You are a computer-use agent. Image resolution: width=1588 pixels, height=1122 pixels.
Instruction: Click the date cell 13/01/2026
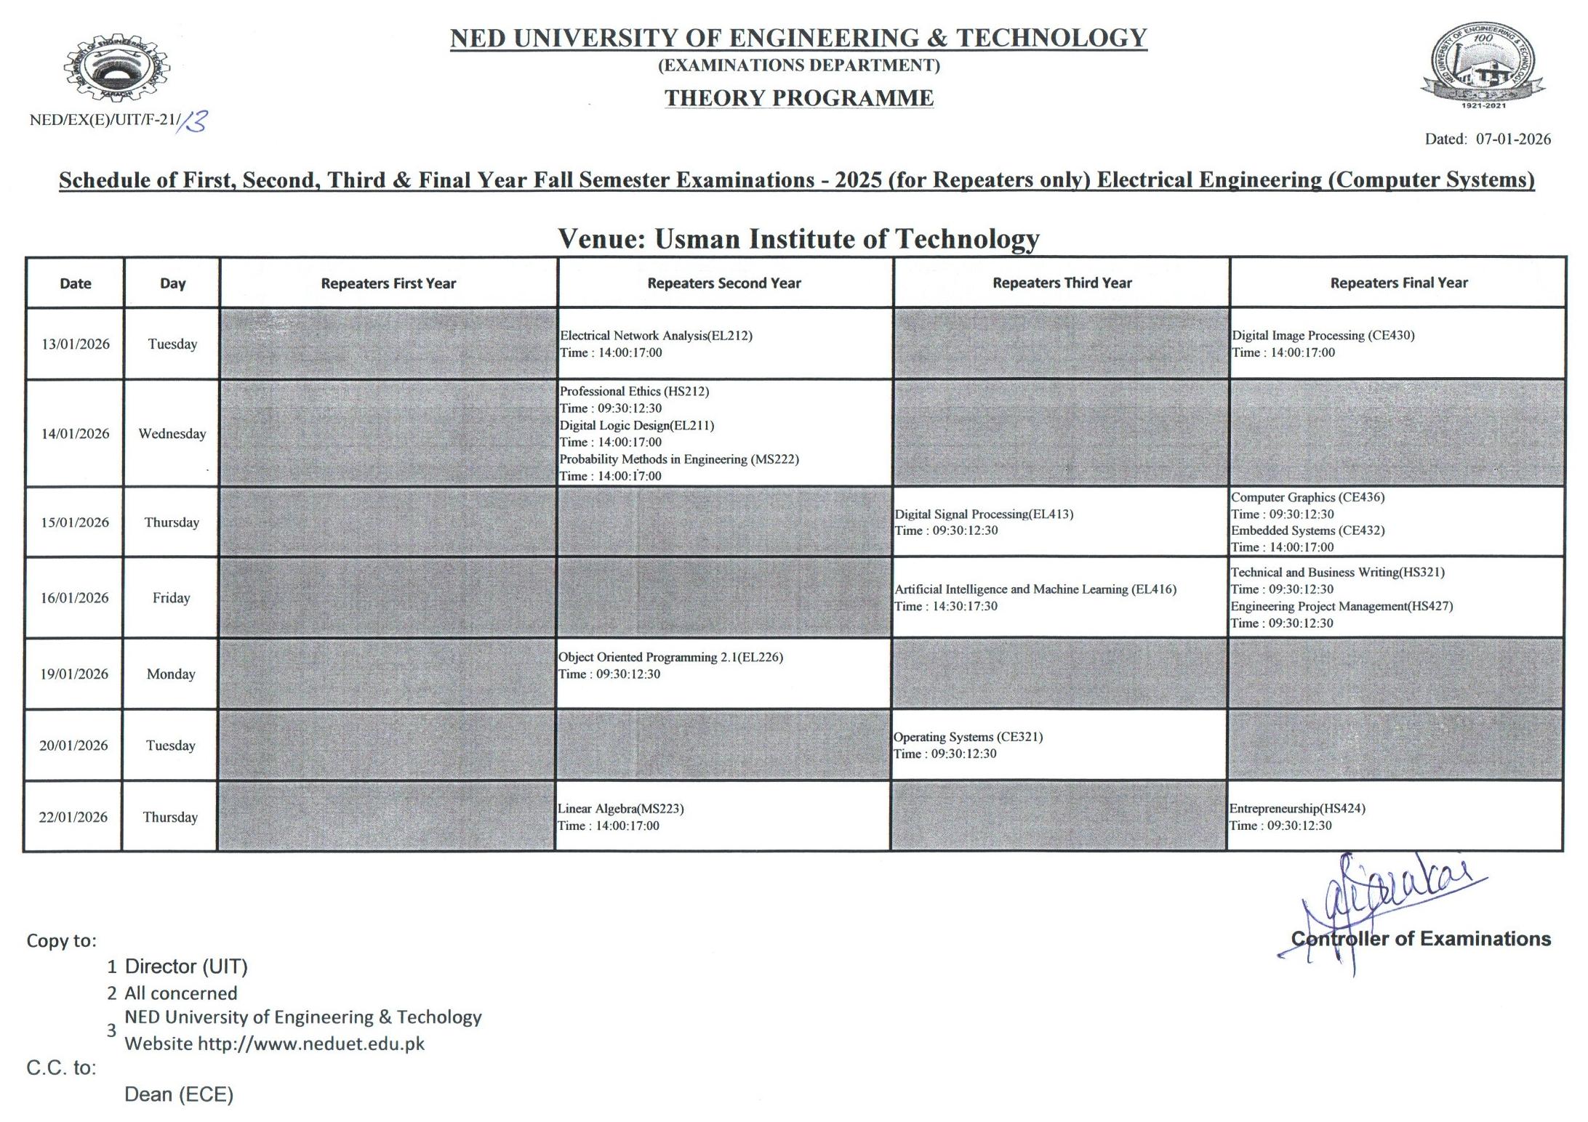coord(75,344)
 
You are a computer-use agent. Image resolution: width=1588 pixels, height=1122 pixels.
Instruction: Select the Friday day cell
coord(171,597)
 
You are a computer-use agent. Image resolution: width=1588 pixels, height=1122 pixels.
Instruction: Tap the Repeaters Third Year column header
coord(1062,283)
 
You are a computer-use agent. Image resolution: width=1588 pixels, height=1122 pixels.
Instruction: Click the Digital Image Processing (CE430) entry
coord(1323,335)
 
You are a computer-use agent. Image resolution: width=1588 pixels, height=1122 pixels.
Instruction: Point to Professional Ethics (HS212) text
coord(634,391)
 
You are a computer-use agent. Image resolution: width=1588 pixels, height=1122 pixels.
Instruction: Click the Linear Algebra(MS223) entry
coord(620,808)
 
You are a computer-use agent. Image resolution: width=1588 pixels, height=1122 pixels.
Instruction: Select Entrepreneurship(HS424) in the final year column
coord(1297,808)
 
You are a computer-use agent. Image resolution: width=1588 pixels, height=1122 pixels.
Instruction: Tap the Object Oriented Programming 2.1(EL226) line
coord(670,657)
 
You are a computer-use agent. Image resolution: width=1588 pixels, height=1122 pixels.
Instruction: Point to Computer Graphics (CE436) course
coord(1307,497)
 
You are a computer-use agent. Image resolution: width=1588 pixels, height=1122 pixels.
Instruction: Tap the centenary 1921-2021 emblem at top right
coord(1483,65)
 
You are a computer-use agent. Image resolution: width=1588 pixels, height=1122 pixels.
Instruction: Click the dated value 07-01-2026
coord(1512,139)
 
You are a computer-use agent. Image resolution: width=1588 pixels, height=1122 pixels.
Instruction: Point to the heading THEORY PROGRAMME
coord(798,98)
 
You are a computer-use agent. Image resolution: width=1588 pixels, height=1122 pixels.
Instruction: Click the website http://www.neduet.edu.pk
coord(310,1044)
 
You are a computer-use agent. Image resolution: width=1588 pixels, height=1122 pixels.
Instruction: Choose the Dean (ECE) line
coord(179,1094)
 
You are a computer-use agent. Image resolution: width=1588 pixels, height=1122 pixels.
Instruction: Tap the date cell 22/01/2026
coord(73,817)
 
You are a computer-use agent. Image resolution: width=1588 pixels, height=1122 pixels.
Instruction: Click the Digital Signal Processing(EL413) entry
coord(984,514)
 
